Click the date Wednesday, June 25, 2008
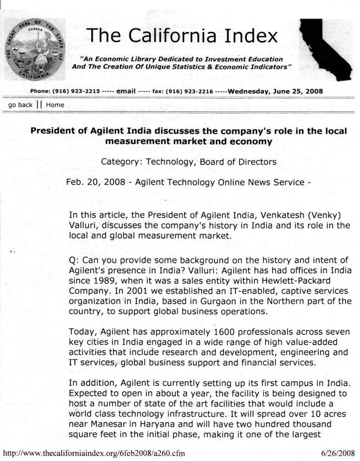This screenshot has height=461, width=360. click(275, 91)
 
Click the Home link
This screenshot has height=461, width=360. click(55, 105)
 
